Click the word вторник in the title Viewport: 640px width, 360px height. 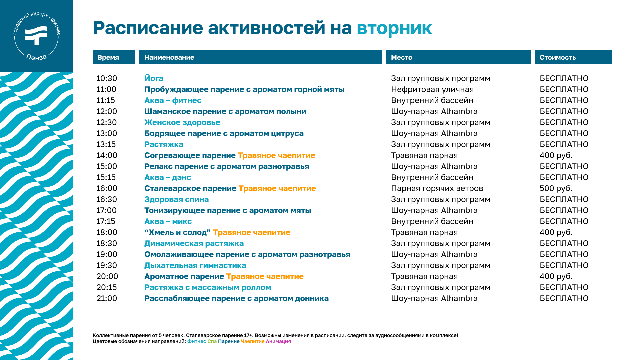tap(394, 28)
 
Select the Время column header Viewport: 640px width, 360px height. tap(114, 57)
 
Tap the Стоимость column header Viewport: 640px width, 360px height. tap(573, 57)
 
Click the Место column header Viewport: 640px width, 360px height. tap(458, 57)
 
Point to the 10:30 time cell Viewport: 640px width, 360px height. tap(107, 78)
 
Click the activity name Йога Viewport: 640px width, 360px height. tap(154, 78)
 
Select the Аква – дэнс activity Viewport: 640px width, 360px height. tap(168, 177)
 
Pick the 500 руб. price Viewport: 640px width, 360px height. tap(556, 188)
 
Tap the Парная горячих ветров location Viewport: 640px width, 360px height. tap(437, 188)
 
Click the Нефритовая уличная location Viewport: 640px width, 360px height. tap(432, 89)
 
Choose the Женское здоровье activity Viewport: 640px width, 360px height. tap(182, 122)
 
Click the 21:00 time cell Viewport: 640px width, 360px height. tap(107, 298)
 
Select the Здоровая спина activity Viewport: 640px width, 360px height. tap(176, 199)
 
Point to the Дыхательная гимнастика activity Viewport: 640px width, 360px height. tap(195, 265)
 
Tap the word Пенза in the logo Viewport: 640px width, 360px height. tap(36, 57)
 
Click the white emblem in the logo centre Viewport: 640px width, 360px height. tap(36, 35)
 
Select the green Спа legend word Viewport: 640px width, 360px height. tap(212, 341)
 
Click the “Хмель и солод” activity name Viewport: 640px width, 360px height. tap(177, 232)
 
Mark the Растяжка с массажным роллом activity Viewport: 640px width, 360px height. tap(208, 287)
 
